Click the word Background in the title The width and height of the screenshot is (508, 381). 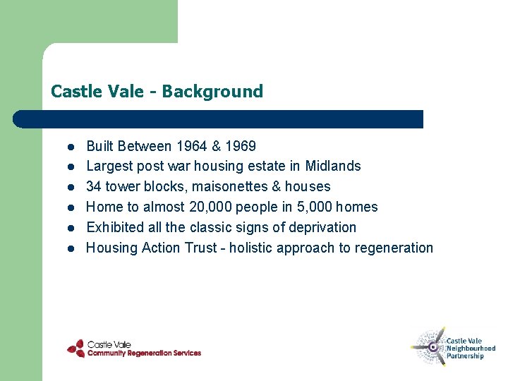tap(212, 91)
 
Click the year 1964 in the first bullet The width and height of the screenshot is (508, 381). tap(192, 146)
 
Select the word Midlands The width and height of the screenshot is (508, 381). tap(333, 167)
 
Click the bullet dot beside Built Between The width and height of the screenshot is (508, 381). tap(71, 147)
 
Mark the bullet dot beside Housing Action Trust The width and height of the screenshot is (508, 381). tap(71, 249)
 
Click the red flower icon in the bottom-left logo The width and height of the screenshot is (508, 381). tap(75, 349)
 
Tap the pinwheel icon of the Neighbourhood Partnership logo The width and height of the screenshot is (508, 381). tap(429, 346)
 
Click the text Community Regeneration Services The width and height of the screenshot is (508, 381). tap(144, 353)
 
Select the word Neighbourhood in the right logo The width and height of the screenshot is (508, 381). tap(471, 349)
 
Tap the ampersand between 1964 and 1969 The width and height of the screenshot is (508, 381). tap(216, 146)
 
